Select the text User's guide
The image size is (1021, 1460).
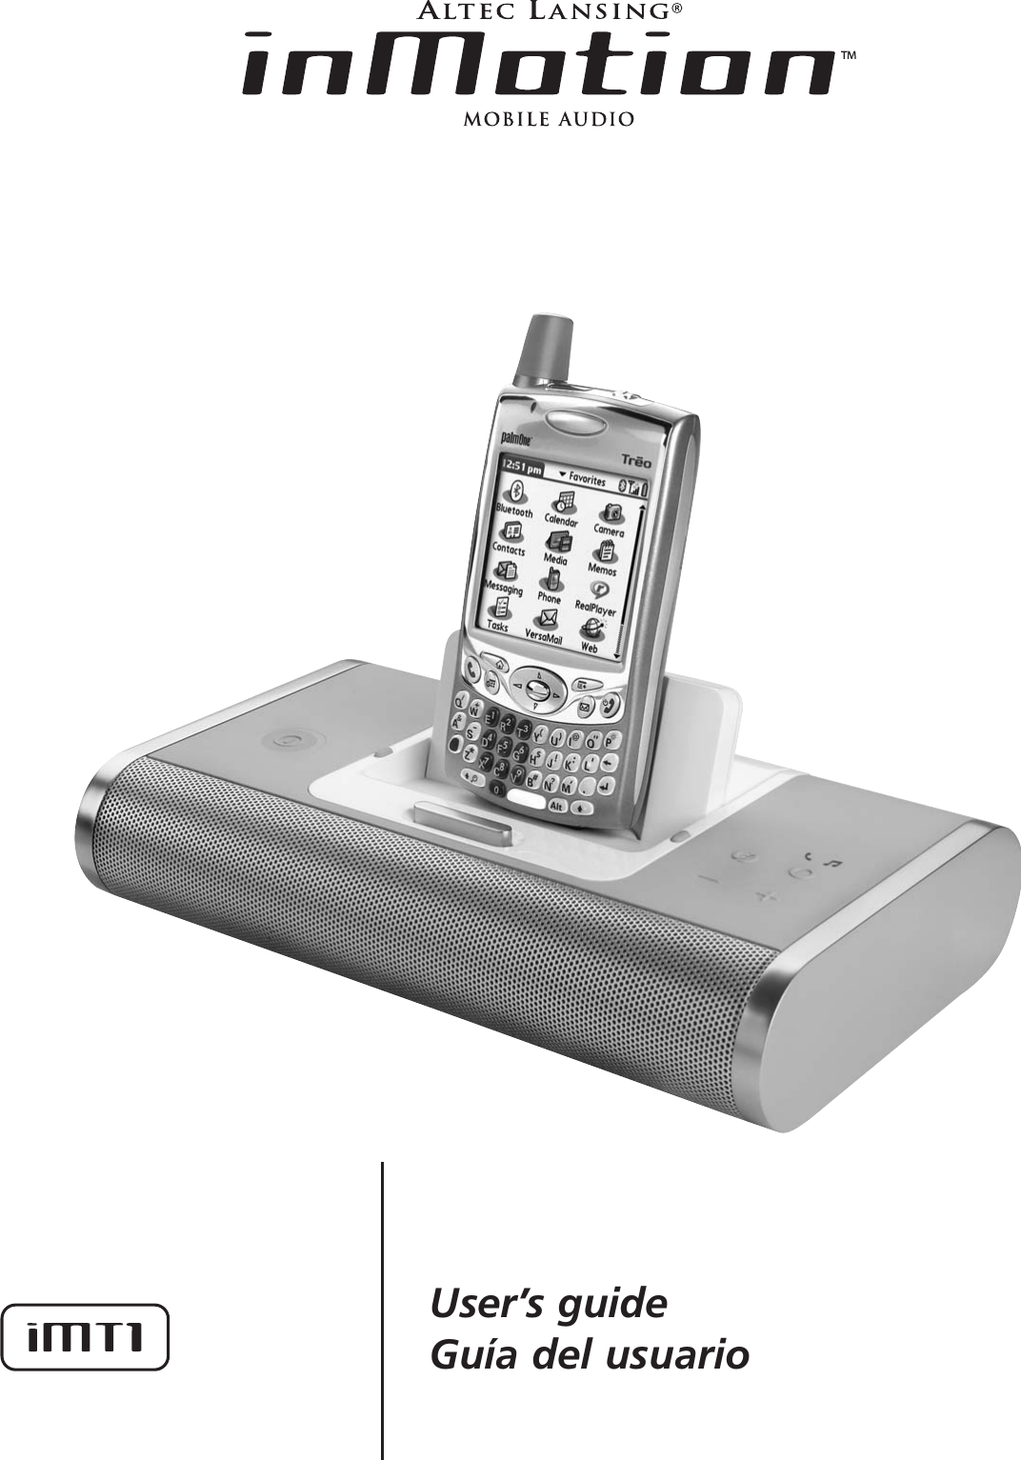pyautogui.click(x=549, y=1303)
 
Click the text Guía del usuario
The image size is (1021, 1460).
pyautogui.click(x=589, y=1353)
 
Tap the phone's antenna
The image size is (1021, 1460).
pyautogui.click(x=546, y=350)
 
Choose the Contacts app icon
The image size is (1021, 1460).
pyautogui.click(x=512, y=530)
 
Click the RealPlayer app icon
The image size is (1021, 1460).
pyautogui.click(x=600, y=590)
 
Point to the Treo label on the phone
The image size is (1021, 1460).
pyautogui.click(x=636, y=460)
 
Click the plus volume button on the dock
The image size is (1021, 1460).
pyautogui.click(x=763, y=896)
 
